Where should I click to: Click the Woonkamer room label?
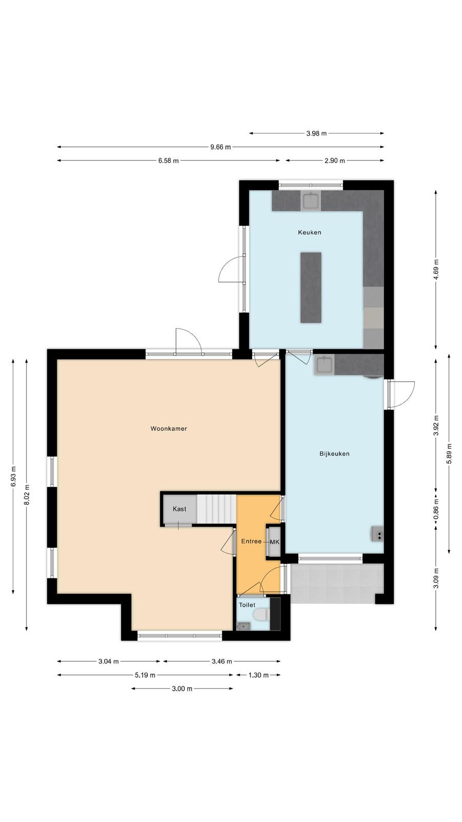(169, 428)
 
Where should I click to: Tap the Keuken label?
(310, 232)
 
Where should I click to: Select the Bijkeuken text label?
(334, 454)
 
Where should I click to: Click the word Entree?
(252, 541)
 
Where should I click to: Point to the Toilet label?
(247, 605)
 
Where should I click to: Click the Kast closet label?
(179, 509)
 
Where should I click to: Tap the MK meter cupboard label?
(275, 542)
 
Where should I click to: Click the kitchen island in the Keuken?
(311, 288)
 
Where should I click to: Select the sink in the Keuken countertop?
(311, 200)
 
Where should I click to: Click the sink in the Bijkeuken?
(324, 365)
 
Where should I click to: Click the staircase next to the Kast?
(216, 509)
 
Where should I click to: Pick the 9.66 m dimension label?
(220, 147)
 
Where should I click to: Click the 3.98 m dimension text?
(316, 134)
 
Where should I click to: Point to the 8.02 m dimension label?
(27, 495)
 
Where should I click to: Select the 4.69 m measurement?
(436, 269)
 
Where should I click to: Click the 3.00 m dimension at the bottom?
(182, 689)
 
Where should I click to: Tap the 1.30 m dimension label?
(259, 675)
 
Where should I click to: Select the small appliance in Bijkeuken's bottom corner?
(377, 534)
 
